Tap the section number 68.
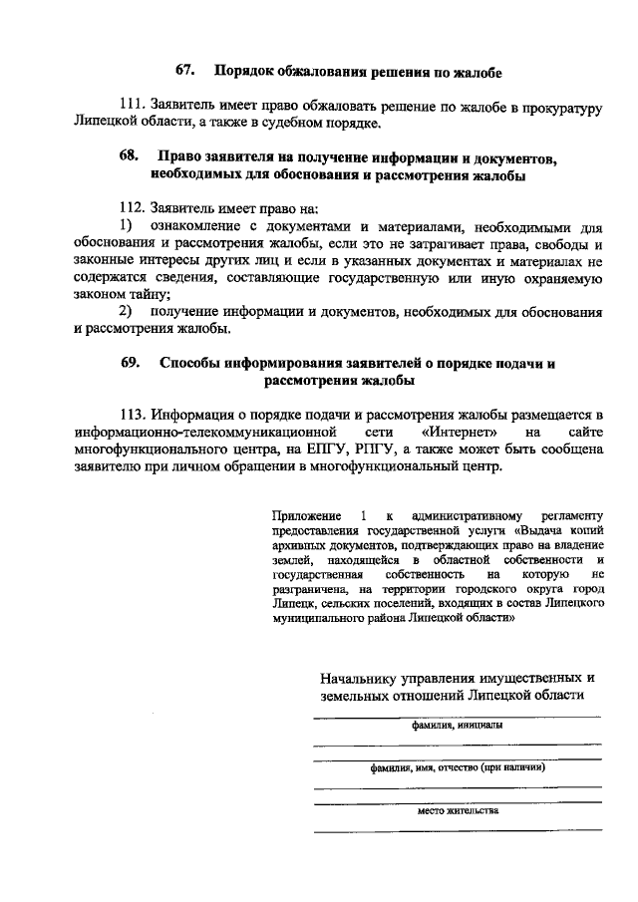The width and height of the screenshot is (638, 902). pos(129,157)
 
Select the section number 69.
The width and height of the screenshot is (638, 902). pos(131,363)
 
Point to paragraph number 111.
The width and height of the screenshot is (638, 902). pos(134,107)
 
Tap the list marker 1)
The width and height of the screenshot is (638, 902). pos(127,226)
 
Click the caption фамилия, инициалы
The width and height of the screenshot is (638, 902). pos(458,727)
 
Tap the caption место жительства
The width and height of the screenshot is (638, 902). pos(458,811)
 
